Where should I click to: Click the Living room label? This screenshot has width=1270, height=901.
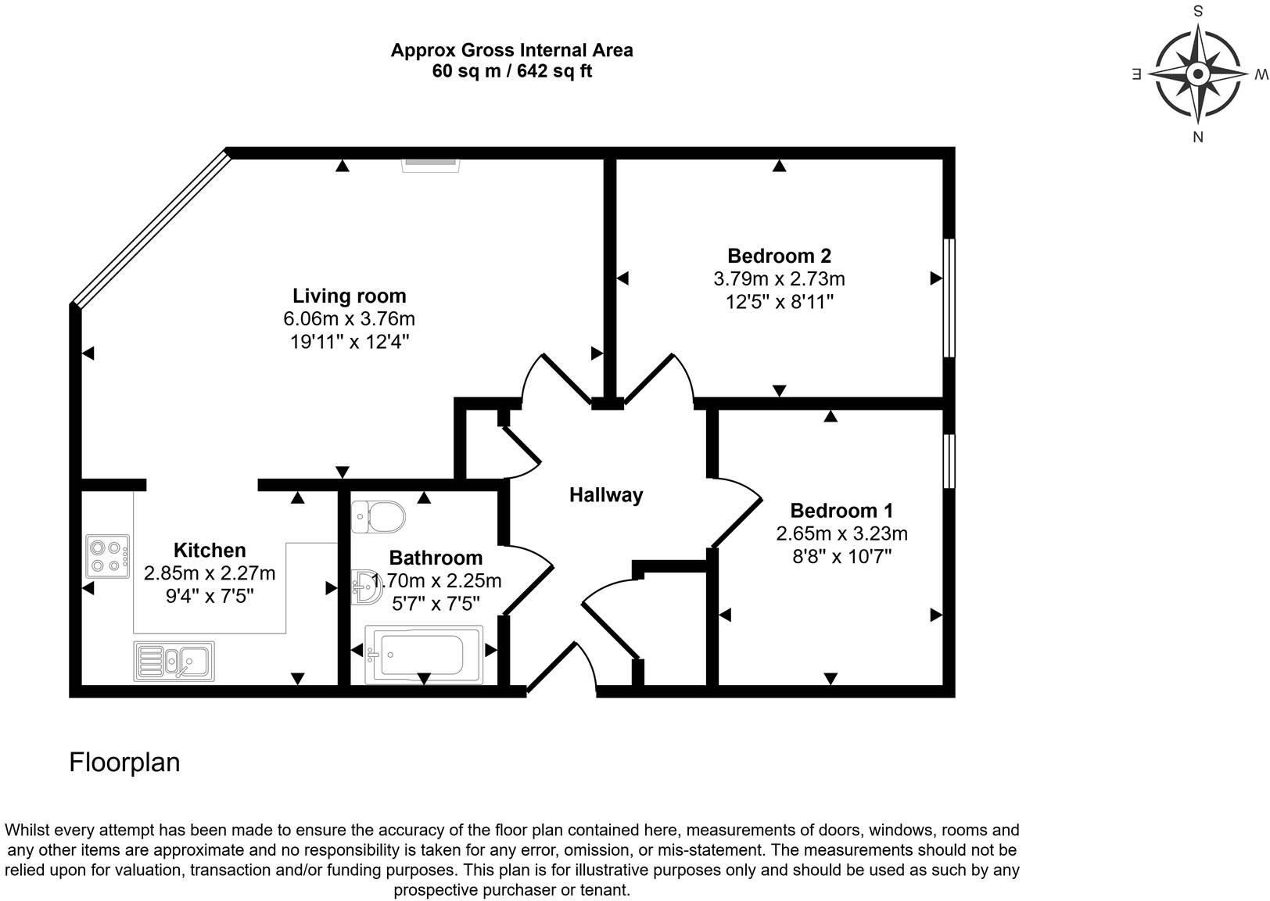349,296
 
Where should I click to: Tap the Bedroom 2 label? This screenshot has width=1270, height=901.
779,256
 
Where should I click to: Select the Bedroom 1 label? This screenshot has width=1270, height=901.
841,511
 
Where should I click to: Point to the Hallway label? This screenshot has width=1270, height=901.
605,495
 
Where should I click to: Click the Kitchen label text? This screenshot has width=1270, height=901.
210,550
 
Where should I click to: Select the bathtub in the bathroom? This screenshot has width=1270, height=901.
423,654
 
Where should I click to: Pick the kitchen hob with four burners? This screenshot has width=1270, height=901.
108,556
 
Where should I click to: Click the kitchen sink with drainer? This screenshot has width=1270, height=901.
174,661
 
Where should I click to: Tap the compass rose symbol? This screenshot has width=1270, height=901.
1197,74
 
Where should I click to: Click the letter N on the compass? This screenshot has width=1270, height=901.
1197,138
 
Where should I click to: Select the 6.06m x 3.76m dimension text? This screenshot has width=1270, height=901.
349,319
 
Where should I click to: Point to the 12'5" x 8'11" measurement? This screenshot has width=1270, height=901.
779,302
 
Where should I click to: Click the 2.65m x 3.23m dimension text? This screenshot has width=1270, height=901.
841,534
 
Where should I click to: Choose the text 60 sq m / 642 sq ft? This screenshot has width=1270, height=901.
511,71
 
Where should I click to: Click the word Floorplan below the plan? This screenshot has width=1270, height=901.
124,763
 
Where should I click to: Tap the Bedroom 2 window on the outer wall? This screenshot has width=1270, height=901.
949,298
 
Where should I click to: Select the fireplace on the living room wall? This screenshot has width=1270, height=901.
431,164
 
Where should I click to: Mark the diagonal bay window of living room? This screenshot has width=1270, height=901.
150,228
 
